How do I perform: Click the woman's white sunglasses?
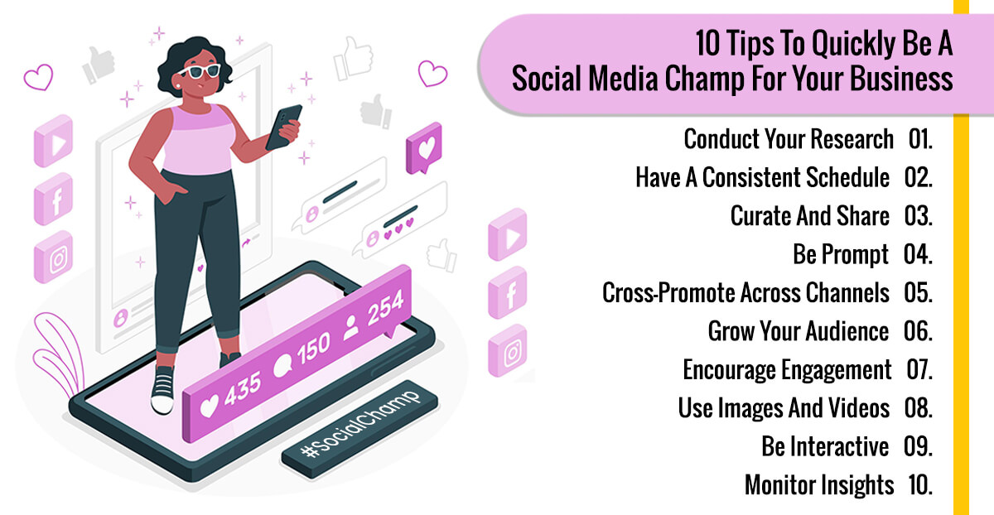200,71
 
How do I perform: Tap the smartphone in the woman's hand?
283,127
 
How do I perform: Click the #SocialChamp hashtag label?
359,428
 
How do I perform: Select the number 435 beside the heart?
242,389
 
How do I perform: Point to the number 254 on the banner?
385,307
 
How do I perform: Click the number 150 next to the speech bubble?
313,348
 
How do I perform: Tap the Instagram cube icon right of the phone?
508,350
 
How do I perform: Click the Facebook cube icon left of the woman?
54,199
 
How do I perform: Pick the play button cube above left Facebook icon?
54,141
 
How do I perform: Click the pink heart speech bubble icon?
424,148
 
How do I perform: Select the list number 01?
920,139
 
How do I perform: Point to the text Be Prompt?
841,255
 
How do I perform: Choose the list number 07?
919,370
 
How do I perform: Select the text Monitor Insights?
819,485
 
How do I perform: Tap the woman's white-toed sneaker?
162,390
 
